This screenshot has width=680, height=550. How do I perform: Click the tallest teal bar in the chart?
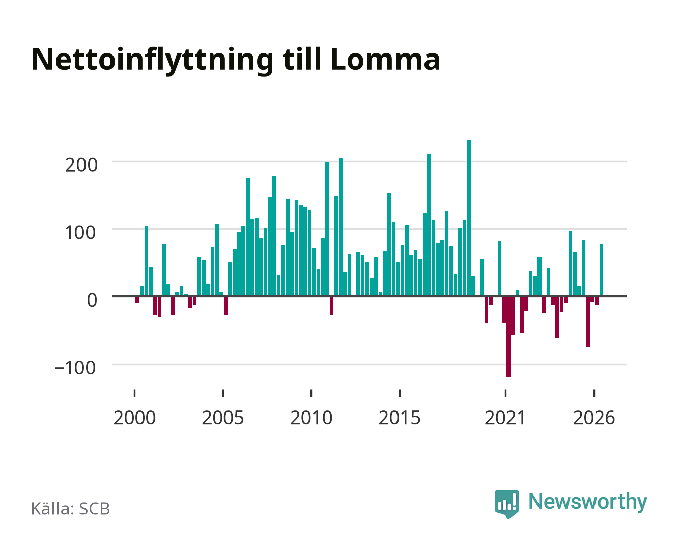[x=468, y=218]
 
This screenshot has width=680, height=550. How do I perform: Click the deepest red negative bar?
[x=508, y=337]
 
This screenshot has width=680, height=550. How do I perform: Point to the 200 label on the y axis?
[x=81, y=166]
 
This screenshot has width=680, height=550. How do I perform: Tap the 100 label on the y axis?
[x=80, y=233]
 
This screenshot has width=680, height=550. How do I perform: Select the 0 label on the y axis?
[x=92, y=300]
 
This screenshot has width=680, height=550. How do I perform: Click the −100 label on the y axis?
[x=75, y=368]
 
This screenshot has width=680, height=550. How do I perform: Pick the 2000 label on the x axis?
[x=134, y=418]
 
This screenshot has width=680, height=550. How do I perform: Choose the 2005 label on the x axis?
[x=223, y=418]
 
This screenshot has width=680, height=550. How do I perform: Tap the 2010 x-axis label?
[x=311, y=418]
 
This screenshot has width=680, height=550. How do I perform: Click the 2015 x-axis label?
[x=400, y=418]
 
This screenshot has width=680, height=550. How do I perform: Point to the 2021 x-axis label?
[x=505, y=418]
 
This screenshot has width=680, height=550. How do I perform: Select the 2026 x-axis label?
[x=594, y=418]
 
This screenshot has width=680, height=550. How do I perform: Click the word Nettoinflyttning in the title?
[x=153, y=61]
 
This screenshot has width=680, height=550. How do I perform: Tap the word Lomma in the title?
[x=385, y=60]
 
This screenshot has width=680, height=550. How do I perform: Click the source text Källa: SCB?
[x=70, y=508]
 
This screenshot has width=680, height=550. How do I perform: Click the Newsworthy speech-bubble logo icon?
[x=506, y=504]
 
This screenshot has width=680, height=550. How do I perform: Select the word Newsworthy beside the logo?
[x=588, y=502]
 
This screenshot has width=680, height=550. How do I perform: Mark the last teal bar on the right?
[x=601, y=270]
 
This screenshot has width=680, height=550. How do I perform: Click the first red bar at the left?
[x=137, y=299]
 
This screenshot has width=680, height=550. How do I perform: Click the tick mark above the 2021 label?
[x=505, y=393]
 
